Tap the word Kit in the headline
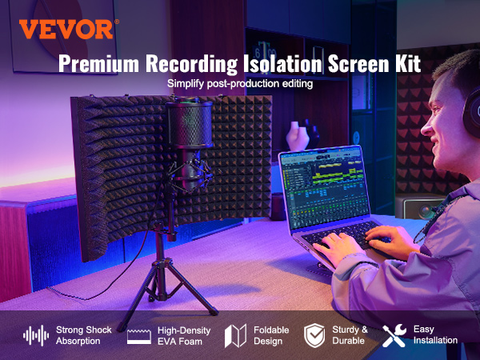[405, 64]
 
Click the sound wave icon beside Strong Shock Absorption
[34, 335]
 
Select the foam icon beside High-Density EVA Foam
[139, 335]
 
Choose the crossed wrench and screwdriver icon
[394, 334]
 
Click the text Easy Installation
[434, 335]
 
